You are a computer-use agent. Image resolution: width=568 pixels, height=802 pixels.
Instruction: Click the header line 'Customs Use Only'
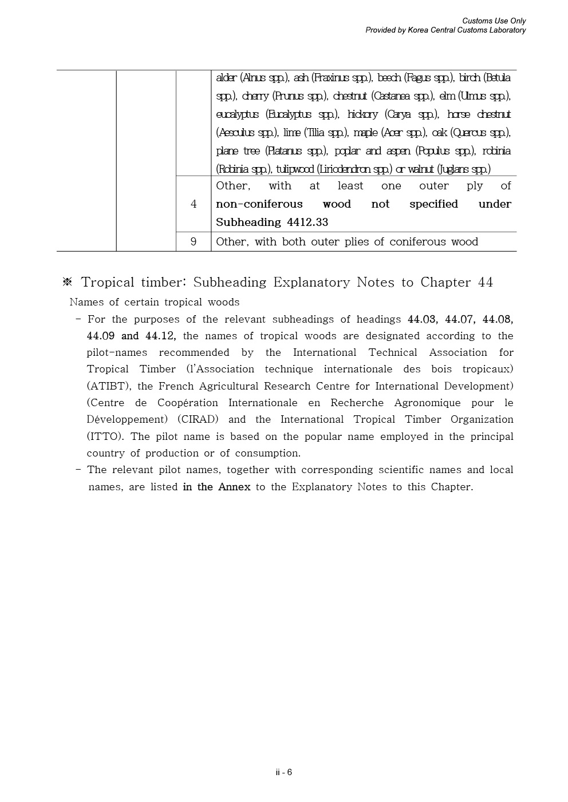tap(494, 21)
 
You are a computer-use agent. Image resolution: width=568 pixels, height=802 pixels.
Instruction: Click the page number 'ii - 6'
tap(283, 772)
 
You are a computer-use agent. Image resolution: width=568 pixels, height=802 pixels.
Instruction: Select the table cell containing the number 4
tap(194, 204)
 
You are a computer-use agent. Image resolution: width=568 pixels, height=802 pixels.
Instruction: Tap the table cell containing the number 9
tap(194, 242)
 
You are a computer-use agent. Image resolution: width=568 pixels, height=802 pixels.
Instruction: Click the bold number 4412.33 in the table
tap(307, 223)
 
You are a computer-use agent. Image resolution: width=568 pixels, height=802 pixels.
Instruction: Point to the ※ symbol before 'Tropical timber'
tap(68, 283)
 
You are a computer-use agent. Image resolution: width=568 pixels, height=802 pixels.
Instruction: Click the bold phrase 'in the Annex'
tap(216, 487)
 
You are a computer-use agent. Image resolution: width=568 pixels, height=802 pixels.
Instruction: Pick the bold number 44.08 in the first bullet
tap(498, 319)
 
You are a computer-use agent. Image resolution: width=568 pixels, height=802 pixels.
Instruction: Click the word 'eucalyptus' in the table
tap(237, 114)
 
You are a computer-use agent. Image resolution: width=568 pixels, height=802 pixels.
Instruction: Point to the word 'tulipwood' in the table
tap(295, 169)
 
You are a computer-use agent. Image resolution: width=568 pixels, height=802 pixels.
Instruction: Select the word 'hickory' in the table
tap(362, 114)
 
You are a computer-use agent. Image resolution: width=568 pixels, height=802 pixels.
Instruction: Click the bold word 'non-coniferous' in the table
tap(259, 204)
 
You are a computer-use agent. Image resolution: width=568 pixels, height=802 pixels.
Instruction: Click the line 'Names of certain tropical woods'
tap(155, 302)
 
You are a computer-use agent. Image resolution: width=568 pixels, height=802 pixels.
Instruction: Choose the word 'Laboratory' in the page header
tap(506, 30)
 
